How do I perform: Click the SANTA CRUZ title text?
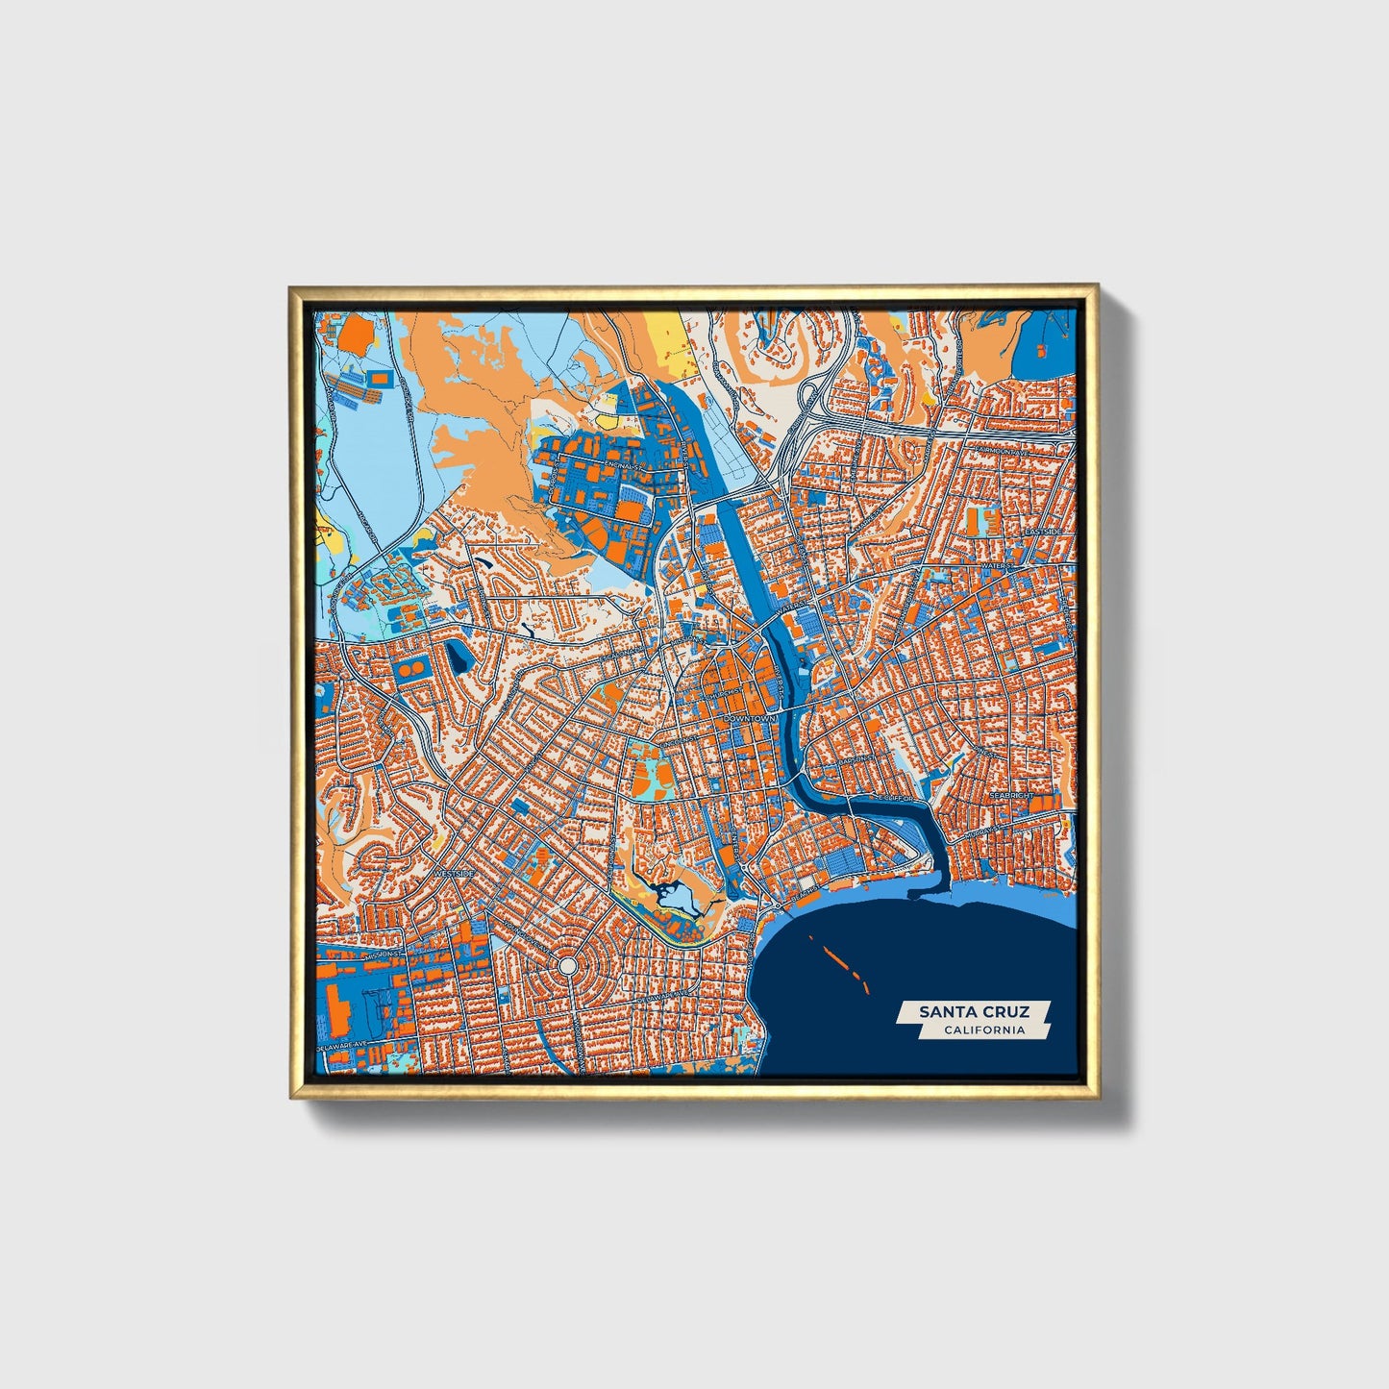(x=973, y=1011)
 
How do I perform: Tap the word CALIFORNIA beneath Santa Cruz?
(x=983, y=1030)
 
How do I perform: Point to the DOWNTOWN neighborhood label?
(x=749, y=718)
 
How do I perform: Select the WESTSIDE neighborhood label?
(x=454, y=873)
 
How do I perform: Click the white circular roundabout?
(x=567, y=964)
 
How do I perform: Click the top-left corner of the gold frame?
(x=290, y=287)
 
